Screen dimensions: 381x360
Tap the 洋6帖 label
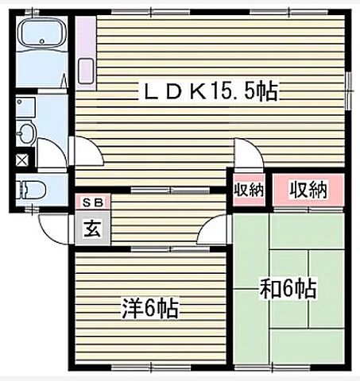[150, 307]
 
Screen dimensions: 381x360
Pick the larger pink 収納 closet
[308, 190]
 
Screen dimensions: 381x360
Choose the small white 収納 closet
[247, 190]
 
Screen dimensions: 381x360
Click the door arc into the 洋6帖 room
[215, 231]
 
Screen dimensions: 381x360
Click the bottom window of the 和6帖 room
[290, 366]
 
